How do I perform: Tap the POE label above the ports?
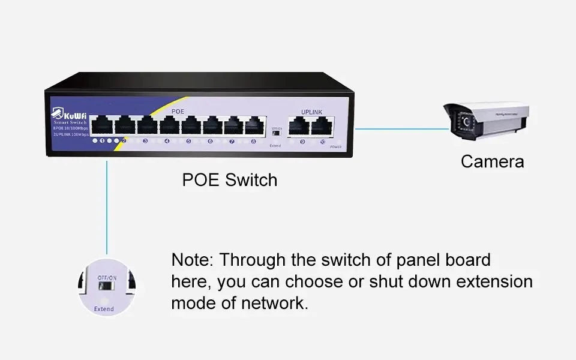click(x=178, y=112)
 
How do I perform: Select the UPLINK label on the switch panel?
click(x=312, y=112)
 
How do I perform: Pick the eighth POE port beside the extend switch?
click(x=255, y=125)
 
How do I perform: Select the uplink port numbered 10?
click(x=322, y=125)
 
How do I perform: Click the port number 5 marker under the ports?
click(x=188, y=142)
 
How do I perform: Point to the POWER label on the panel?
click(x=335, y=146)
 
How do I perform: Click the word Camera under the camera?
click(x=492, y=161)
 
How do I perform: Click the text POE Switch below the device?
click(x=230, y=180)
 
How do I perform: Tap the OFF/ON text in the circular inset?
click(x=107, y=278)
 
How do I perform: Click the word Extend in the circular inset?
click(x=104, y=309)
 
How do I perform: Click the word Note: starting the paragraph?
click(x=192, y=260)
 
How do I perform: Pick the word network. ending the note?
click(x=275, y=303)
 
